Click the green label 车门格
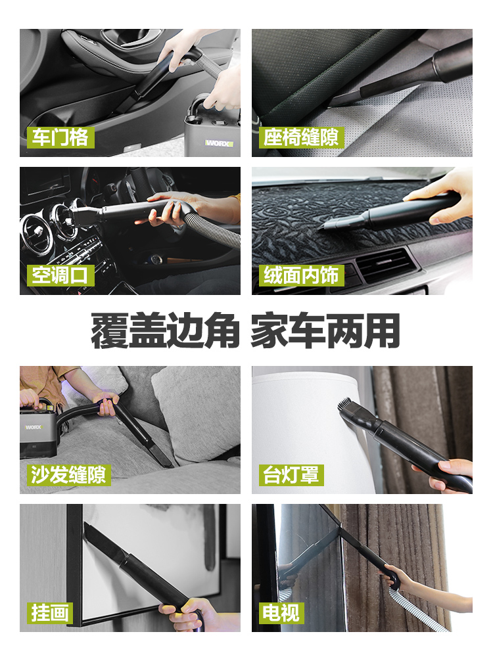(x=59, y=137)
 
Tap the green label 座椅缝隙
(x=301, y=137)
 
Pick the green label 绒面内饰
(x=301, y=275)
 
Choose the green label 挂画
(x=50, y=612)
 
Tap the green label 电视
(x=281, y=612)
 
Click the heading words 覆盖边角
(x=164, y=330)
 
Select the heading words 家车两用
(x=325, y=330)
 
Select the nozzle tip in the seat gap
(x=335, y=102)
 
